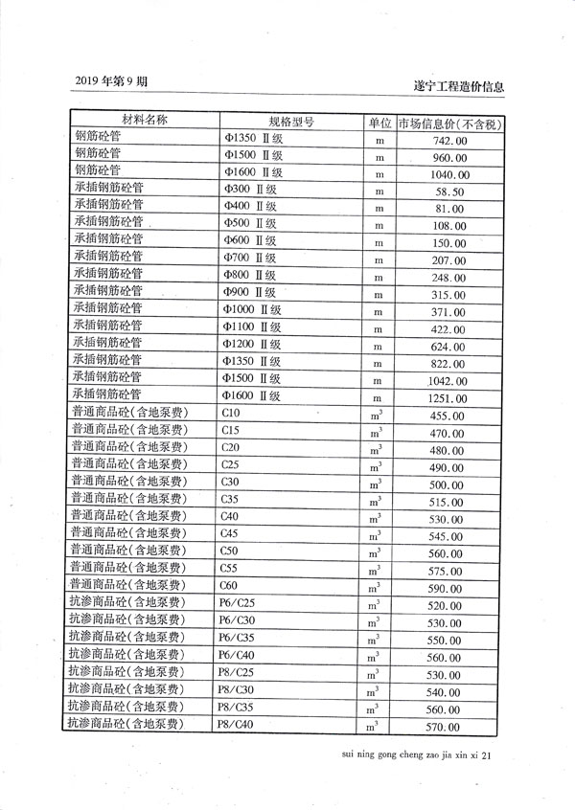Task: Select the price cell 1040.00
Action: [x=448, y=175]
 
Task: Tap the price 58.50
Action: [x=448, y=192]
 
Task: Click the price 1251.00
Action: [x=448, y=398]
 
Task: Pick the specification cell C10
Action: [x=230, y=413]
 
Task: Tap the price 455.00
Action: [x=448, y=416]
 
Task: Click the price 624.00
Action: [x=448, y=347]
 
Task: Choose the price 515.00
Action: [x=448, y=502]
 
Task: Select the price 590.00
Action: [x=448, y=588]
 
